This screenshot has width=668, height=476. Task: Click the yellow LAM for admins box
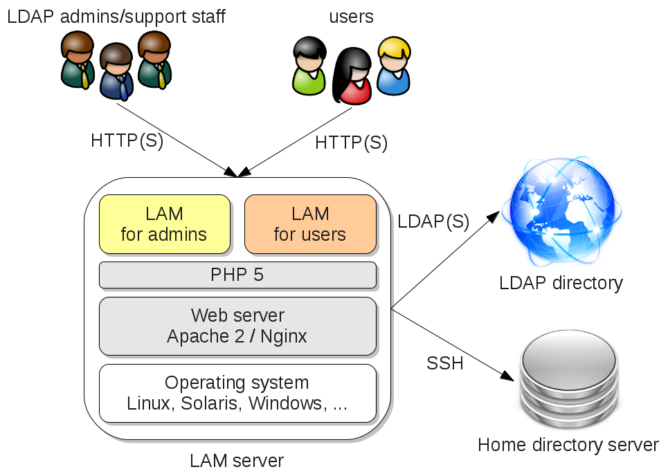click(164, 223)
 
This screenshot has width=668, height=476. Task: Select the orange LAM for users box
click(310, 223)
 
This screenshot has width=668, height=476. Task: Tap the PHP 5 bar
click(237, 275)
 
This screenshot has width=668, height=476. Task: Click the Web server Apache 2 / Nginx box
click(237, 326)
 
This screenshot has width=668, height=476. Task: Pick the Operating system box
click(237, 393)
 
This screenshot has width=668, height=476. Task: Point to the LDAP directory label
click(561, 283)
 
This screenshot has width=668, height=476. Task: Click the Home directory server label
click(568, 445)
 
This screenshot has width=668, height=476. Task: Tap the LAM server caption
click(237, 460)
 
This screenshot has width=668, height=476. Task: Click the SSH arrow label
click(445, 363)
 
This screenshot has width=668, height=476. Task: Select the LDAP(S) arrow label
click(433, 222)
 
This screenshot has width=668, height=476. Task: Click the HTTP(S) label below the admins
click(127, 140)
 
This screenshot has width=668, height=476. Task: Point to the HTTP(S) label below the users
click(351, 143)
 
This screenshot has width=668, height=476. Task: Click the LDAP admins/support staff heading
click(116, 17)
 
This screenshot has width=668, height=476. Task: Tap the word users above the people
click(352, 17)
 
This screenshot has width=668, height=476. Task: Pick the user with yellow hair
click(393, 66)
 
